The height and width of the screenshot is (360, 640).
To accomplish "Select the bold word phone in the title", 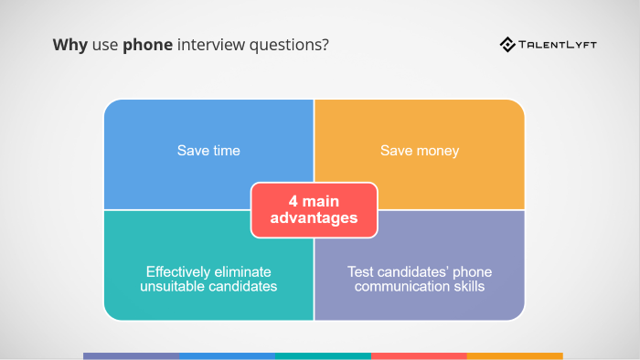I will click(x=148, y=45).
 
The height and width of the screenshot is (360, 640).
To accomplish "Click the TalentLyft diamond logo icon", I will click(x=507, y=44).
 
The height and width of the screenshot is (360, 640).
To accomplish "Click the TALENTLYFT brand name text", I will click(x=559, y=45).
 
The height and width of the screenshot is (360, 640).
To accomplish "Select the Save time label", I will click(x=208, y=150).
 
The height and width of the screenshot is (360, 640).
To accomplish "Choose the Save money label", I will click(x=420, y=150).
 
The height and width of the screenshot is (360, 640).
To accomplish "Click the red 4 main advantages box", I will click(x=314, y=210).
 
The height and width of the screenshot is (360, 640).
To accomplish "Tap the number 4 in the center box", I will click(x=293, y=201).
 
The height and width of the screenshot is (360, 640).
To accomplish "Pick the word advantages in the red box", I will click(x=314, y=219).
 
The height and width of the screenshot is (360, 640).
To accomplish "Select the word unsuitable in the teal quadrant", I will click(x=173, y=286).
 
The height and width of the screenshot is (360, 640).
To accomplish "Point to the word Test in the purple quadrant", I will click(x=360, y=271).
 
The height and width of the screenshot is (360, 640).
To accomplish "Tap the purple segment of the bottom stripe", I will click(x=131, y=355).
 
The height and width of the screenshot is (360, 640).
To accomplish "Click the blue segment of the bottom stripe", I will click(x=227, y=355).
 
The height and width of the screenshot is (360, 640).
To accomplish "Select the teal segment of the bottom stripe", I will click(x=323, y=355).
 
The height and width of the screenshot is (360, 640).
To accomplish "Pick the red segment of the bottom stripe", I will click(x=419, y=355).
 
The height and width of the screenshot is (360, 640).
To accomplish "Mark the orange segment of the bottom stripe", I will click(x=515, y=355).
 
